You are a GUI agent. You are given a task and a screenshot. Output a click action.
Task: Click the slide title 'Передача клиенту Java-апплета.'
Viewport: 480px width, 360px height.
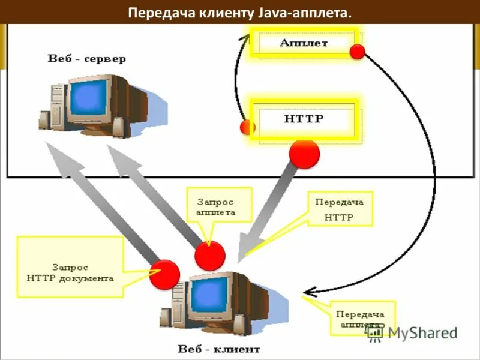click(240, 12)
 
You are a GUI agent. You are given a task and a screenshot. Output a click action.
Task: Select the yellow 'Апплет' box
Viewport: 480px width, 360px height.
click(305, 43)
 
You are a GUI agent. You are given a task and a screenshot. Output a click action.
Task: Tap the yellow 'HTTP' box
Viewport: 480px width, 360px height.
click(304, 119)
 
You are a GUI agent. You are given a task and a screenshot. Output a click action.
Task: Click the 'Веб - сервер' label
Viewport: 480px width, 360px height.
click(88, 59)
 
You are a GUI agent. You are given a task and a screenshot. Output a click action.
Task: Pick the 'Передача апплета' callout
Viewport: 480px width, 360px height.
click(361, 318)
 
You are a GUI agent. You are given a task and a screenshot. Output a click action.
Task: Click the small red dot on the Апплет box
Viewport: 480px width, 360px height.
click(358, 52)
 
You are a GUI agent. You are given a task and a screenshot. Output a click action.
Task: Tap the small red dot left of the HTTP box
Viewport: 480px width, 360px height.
click(247, 127)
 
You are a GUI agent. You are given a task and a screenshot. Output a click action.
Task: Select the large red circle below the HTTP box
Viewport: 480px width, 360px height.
click(304, 154)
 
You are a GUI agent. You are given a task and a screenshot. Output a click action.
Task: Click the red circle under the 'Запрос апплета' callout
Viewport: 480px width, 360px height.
click(210, 256)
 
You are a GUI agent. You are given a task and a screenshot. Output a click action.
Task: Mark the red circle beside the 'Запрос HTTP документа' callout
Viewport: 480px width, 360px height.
click(164, 275)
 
